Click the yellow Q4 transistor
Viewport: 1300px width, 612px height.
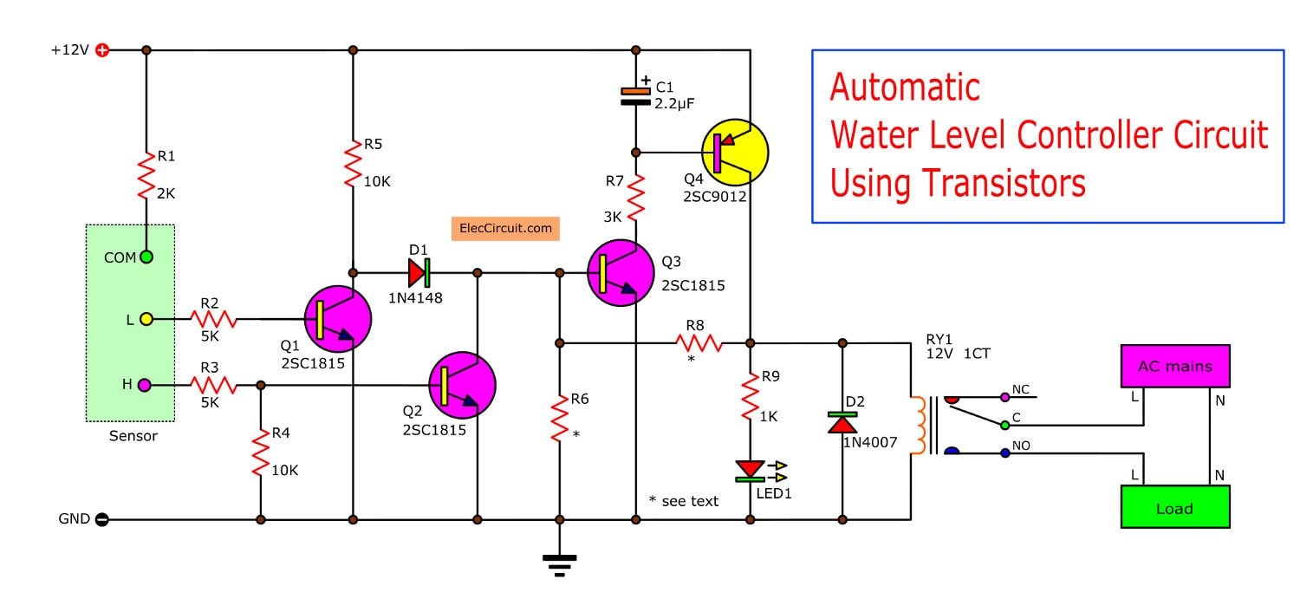[x=734, y=152]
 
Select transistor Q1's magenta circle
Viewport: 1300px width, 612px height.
[x=338, y=318]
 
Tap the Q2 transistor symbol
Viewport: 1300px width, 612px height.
[x=463, y=385]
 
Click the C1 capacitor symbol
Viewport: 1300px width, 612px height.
[x=636, y=96]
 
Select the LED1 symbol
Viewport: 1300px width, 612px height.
[x=751, y=471]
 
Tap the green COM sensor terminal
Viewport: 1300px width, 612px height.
[x=146, y=257]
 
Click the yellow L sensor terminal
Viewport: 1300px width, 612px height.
[x=146, y=319]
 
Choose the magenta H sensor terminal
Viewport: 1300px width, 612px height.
[x=146, y=384]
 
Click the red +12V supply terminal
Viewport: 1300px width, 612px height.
[x=102, y=50]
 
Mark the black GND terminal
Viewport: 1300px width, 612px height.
[x=102, y=520]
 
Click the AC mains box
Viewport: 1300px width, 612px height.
[x=1174, y=366]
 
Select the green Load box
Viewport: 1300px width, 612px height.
[x=1174, y=507]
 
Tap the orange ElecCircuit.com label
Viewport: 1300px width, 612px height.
[x=505, y=229]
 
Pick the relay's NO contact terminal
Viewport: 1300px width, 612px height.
[x=1004, y=452]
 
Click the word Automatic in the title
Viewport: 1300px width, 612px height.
[x=905, y=88]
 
